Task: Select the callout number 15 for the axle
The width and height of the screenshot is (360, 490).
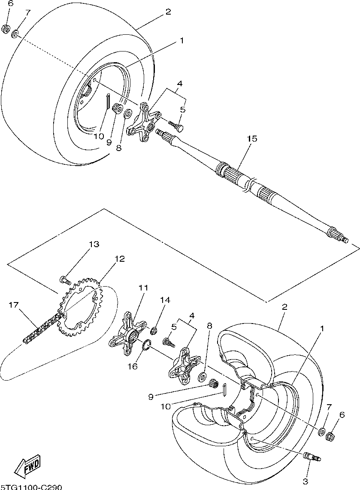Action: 252,139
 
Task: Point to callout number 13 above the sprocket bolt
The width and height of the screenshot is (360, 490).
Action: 94,244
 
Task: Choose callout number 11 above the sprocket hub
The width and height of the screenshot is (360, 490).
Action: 143,287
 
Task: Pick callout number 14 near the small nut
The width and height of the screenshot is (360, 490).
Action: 165,300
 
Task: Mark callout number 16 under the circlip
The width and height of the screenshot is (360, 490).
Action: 133,366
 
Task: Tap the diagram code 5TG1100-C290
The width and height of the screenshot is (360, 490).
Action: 31,487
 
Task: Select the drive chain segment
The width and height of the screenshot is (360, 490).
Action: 42,327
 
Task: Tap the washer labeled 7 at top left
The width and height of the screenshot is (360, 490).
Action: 15,33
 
